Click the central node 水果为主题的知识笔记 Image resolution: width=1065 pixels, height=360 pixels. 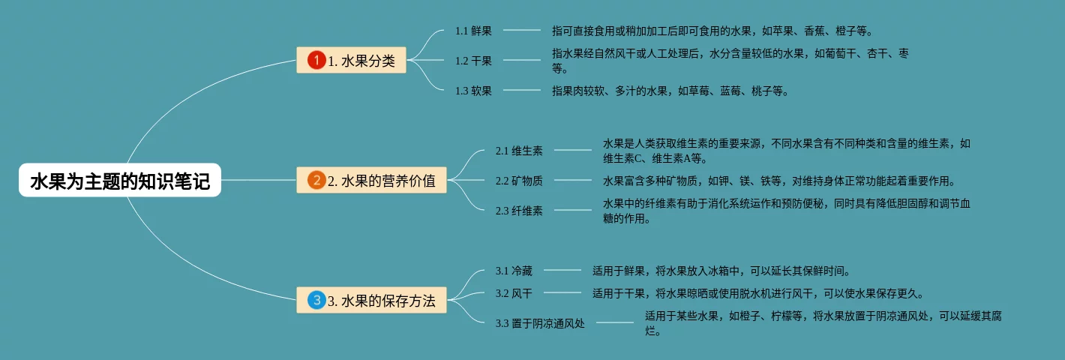(x=120, y=180)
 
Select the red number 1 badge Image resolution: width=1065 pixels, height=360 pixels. (x=316, y=60)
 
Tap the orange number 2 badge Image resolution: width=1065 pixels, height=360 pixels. (x=316, y=180)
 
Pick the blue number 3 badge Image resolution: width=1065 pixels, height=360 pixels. (x=316, y=301)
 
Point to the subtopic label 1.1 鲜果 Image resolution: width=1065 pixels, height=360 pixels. (x=473, y=31)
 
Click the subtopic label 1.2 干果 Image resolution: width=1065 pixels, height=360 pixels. (x=473, y=61)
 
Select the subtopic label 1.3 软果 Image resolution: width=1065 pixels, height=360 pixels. (x=473, y=91)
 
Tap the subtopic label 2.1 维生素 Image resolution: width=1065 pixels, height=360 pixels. (x=519, y=151)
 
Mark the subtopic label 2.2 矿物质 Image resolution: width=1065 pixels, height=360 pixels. (x=519, y=181)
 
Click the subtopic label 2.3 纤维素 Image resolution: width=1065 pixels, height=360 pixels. (x=519, y=211)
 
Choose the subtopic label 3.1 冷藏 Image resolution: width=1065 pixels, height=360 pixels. (x=514, y=271)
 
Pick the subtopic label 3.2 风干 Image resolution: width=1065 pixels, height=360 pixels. (x=514, y=293)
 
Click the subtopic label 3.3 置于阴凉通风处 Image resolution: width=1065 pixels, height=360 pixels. (x=540, y=323)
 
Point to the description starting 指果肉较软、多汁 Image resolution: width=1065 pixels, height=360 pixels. (x=670, y=91)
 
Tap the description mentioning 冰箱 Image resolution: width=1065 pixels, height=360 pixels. (x=721, y=271)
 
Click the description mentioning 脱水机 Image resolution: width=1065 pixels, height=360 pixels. (x=757, y=293)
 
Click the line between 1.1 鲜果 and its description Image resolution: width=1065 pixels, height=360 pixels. (x=521, y=31)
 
